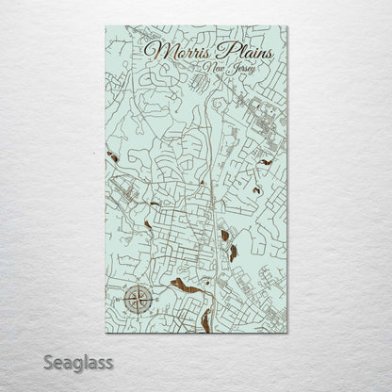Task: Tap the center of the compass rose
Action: pyautogui.click(x=137, y=302)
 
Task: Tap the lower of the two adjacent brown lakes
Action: pyautogui.click(x=232, y=253)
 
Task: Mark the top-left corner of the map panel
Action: pyautogui.click(x=106, y=25)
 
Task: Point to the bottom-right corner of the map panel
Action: pyautogui.click(x=287, y=333)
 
